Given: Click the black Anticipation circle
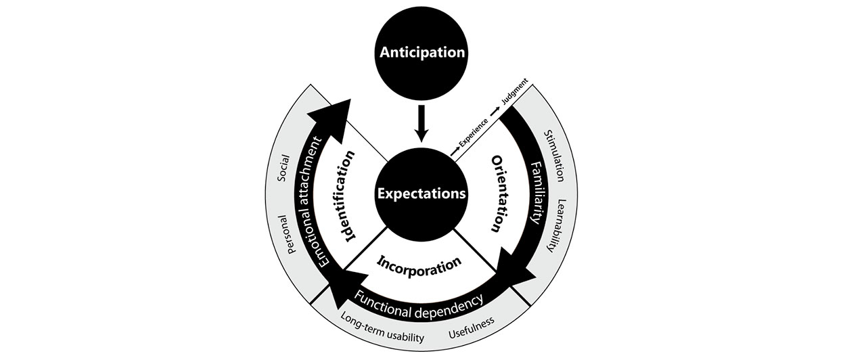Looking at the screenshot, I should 422,52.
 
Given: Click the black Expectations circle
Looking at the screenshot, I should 422,193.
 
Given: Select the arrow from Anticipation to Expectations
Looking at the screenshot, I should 422,122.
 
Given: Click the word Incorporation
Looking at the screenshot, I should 419,263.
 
